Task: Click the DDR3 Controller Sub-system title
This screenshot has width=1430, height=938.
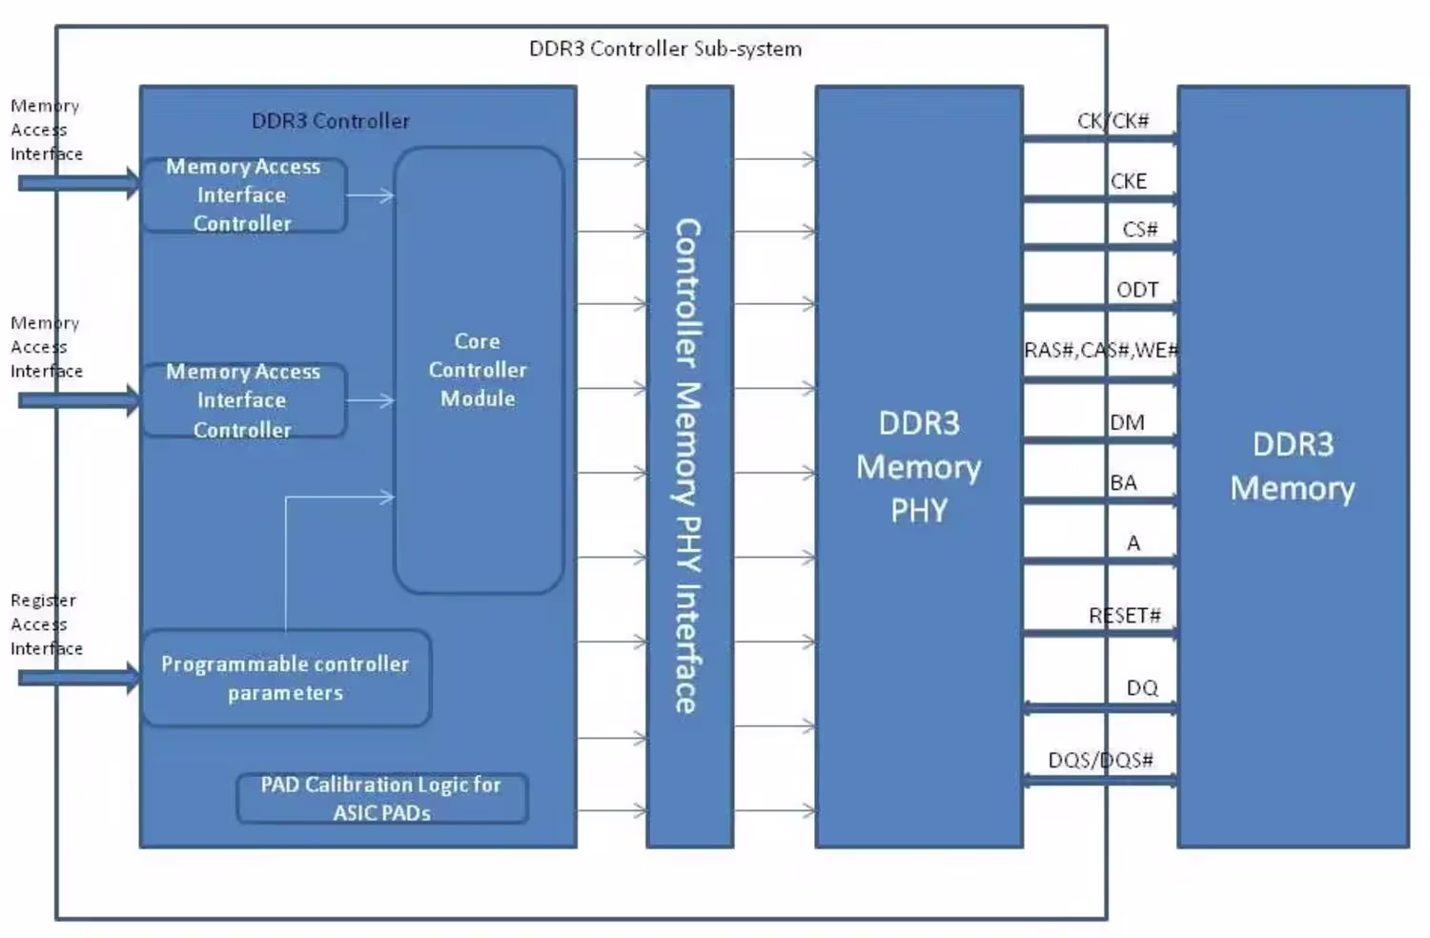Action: (665, 49)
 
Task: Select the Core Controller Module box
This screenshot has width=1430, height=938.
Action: (478, 370)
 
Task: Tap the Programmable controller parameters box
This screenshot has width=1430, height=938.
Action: (285, 678)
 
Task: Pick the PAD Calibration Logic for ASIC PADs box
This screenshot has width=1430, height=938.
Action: (381, 798)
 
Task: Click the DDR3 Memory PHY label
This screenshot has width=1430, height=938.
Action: (918, 467)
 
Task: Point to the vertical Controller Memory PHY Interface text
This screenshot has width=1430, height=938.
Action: (688, 466)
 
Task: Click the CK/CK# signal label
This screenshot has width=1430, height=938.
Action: (1113, 121)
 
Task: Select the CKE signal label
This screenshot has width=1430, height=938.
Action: (1128, 181)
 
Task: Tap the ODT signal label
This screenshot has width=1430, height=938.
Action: (1137, 290)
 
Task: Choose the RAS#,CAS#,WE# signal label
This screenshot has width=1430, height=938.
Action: (1101, 350)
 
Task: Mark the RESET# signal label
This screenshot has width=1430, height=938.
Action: (1125, 616)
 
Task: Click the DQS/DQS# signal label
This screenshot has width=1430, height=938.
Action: (1100, 760)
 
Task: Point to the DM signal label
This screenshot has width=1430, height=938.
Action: (1127, 422)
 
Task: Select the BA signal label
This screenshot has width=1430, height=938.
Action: (1123, 483)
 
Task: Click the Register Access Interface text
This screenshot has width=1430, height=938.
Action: (46, 624)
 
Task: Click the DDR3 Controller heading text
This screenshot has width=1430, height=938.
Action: (330, 121)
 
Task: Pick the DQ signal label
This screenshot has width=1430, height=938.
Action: (1141, 688)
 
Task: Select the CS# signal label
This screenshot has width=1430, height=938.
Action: (1139, 230)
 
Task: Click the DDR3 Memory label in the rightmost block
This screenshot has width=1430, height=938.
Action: (1293, 466)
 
